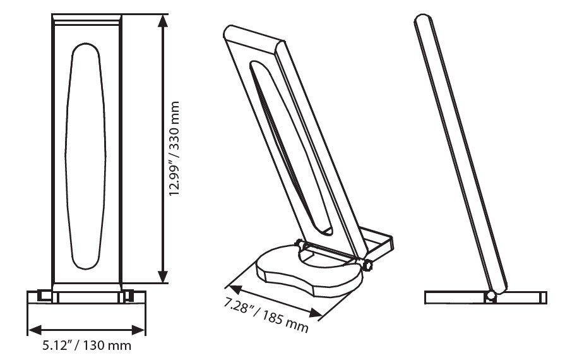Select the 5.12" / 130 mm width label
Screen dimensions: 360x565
(x=86, y=346)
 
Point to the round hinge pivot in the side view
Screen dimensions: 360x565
(x=490, y=295)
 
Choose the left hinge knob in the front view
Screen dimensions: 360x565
(x=44, y=295)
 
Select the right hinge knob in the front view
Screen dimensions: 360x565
(x=128, y=295)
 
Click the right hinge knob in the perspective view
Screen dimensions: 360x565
(x=367, y=266)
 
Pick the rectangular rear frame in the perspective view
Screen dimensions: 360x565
(x=379, y=243)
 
